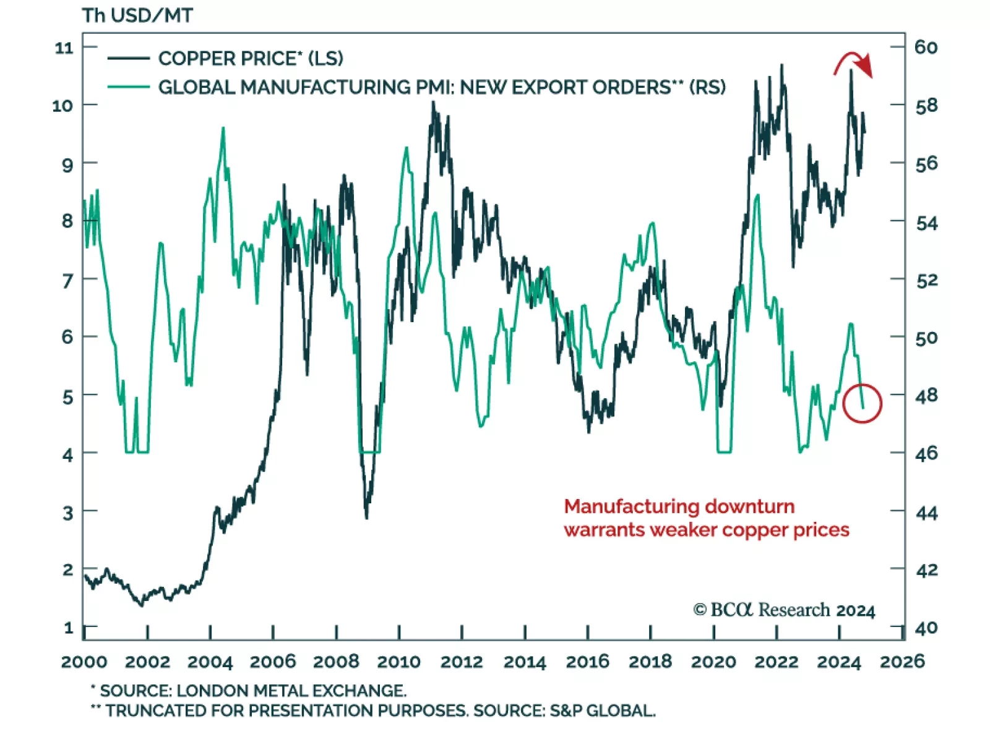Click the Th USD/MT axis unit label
tap(137, 15)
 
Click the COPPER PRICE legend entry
tap(250, 58)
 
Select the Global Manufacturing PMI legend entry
tap(441, 87)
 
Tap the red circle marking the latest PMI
tap(862, 403)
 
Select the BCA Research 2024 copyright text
tap(784, 610)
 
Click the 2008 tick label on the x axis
tap(336, 662)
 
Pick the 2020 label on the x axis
tap(713, 662)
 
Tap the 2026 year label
tap(902, 662)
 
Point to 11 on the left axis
tap(64, 48)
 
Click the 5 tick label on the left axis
tap(67, 396)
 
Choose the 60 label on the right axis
tap(926, 47)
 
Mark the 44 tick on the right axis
tap(926, 513)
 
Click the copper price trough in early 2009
tap(367, 517)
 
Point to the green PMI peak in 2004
tap(223, 128)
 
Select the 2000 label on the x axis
tap(84, 662)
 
